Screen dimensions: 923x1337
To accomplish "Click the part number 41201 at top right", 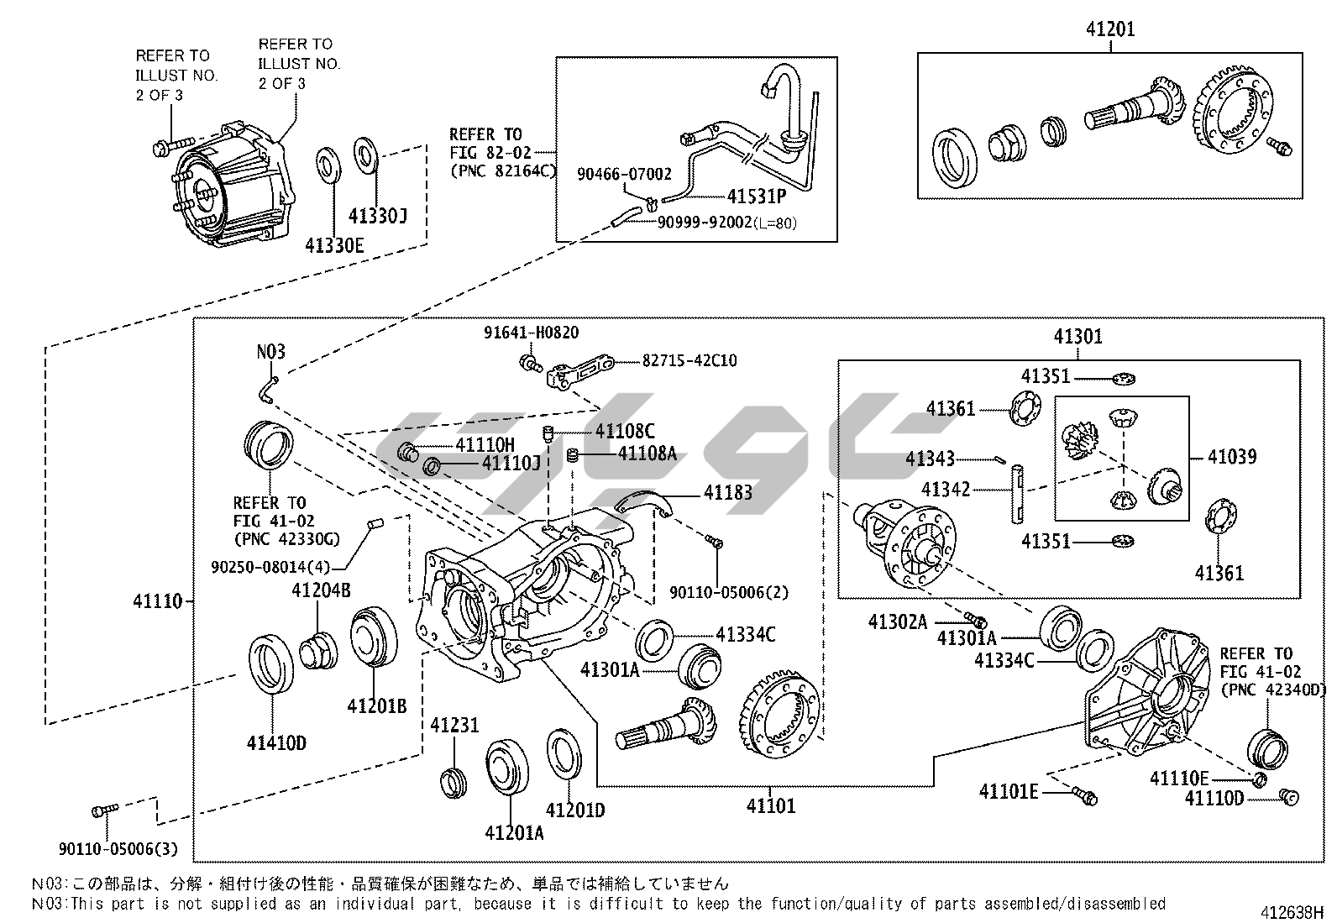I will pos(1109,29).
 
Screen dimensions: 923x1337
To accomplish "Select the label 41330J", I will pos(377,217).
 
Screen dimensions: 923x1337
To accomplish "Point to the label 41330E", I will pos(334,245).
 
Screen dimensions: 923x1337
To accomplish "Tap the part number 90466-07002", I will pos(624,174).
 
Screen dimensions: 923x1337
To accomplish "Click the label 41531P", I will pos(756,197).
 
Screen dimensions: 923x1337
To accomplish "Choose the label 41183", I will pos(727,492).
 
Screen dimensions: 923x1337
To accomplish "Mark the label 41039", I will pos(1232,457).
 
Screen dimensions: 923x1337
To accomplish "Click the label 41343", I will pos(930,459).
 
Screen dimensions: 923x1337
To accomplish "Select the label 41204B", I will pos(321,590).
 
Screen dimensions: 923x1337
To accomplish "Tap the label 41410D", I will pos(276,742).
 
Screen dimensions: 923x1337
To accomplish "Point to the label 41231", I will pos(454,725).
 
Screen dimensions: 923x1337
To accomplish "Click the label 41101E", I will pos(1009,791).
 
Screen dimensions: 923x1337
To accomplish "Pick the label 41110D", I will pos(1214,798).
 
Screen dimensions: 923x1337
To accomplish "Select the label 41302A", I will pos(897,621).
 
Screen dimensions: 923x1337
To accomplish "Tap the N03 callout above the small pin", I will pos(271,351).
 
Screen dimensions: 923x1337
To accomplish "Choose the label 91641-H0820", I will pos(531,333).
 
